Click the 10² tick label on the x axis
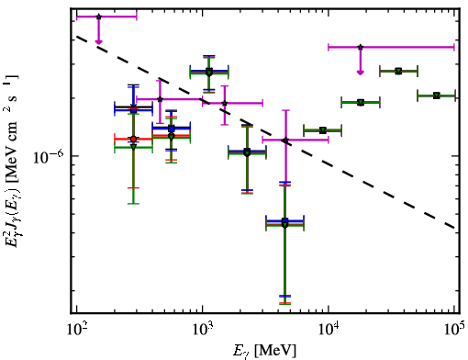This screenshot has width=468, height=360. (77, 329)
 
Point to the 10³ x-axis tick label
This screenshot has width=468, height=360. (203, 329)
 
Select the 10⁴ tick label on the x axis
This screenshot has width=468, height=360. (329, 329)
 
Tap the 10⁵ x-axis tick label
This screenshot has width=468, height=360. (454, 329)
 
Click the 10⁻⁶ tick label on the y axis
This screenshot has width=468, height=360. (49, 156)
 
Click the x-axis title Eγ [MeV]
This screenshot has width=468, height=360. (265, 351)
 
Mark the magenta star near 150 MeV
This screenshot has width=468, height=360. (98, 17)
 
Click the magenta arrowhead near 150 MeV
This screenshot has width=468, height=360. (98, 42)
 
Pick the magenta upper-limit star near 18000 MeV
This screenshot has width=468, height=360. (361, 47)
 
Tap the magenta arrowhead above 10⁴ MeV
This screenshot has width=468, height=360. (361, 73)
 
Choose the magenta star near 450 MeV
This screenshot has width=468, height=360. (160, 99)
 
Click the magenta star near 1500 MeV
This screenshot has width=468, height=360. (225, 103)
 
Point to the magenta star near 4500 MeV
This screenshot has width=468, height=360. (285, 141)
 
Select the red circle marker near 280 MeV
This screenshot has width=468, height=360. (133, 139)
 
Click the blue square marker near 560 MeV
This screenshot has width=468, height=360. (172, 129)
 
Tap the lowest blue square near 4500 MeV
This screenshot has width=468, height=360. (285, 220)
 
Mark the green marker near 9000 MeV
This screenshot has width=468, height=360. (322, 130)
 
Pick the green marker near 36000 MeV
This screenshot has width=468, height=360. (398, 72)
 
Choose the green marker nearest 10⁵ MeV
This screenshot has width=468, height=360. (437, 96)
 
